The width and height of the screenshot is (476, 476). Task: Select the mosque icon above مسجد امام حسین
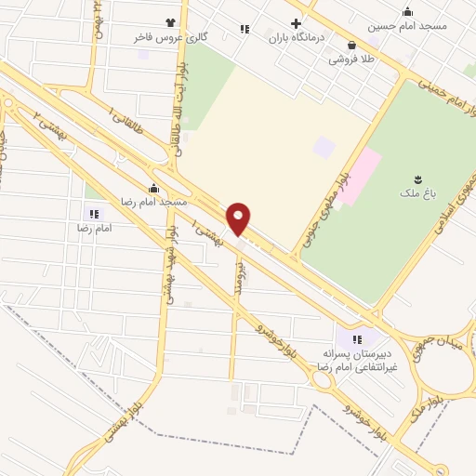pyautogui.click(x=407, y=11)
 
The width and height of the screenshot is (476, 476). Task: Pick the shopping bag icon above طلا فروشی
pyautogui.click(x=350, y=44)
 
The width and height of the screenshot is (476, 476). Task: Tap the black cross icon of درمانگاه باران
pyautogui.click(x=296, y=24)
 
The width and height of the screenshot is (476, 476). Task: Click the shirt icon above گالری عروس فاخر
pyautogui.click(x=169, y=23)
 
